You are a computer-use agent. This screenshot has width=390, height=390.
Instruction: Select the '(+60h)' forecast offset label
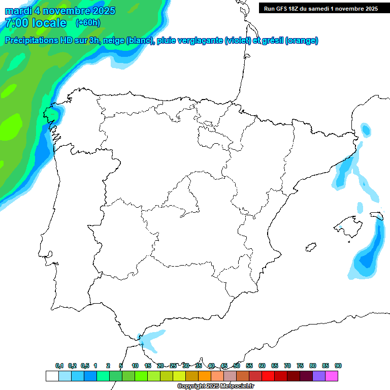point(87,23)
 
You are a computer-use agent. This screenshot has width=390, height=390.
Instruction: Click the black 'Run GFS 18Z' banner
point(320,8)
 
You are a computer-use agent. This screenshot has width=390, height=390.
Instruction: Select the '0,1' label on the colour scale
point(59,366)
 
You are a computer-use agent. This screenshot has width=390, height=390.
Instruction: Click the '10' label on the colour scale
point(135,366)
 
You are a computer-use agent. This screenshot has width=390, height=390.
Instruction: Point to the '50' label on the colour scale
point(237,366)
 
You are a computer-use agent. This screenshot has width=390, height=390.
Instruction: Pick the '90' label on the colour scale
point(338,366)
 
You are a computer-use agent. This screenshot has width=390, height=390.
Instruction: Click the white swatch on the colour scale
point(52,376)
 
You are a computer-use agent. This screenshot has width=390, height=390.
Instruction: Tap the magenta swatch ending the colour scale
point(332,376)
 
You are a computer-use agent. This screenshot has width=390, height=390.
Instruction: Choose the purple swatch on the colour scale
point(319,376)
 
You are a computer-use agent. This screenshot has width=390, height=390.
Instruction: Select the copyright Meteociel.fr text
point(215,386)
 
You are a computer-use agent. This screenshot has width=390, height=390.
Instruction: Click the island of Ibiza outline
point(311,247)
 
